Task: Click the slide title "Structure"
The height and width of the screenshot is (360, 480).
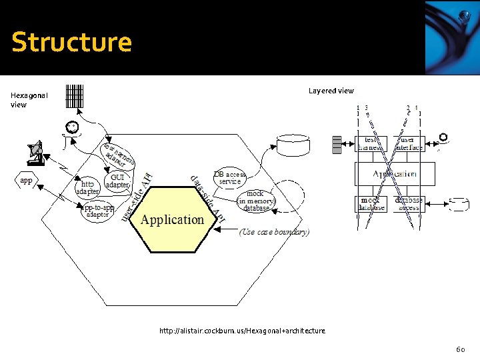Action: (x=71, y=42)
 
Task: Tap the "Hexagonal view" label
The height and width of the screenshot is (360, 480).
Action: (x=29, y=100)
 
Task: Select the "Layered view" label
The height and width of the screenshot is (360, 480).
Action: (x=331, y=91)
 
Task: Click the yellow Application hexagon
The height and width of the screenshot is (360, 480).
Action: (x=173, y=219)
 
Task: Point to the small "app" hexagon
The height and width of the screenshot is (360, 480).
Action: (x=26, y=181)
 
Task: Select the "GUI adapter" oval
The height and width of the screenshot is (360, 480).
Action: (x=118, y=181)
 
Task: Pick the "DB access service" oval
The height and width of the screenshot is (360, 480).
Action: (x=229, y=178)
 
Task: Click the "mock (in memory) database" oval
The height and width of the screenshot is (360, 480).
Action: (x=256, y=201)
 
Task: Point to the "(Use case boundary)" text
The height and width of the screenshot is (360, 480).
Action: (x=274, y=232)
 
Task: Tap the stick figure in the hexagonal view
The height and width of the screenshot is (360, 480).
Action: (x=71, y=131)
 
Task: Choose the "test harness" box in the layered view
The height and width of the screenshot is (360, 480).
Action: (x=370, y=143)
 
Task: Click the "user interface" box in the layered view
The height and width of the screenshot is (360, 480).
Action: (x=407, y=143)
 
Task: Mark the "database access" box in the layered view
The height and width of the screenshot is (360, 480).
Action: (x=408, y=204)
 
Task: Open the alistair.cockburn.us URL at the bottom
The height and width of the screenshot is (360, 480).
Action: (x=243, y=331)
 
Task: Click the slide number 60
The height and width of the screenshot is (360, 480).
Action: (x=460, y=349)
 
